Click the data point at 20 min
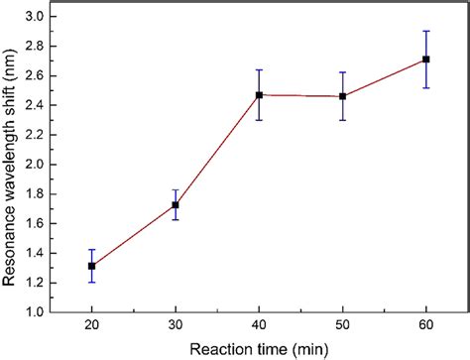(92, 266)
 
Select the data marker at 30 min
(176, 205)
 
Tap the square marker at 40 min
(259, 95)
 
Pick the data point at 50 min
(342, 96)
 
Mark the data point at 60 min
(426, 60)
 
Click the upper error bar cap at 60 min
(426, 31)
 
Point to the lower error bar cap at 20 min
(92, 283)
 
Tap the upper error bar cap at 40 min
(259, 69)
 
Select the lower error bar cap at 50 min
(342, 120)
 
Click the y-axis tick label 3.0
(36, 16)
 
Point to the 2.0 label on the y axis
(36, 164)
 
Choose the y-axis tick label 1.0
(36, 311)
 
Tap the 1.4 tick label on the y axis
(36, 253)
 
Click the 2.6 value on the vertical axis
(36, 75)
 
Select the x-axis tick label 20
(92, 325)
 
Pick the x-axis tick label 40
(259, 325)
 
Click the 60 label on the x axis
(426, 325)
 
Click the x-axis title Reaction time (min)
(259, 348)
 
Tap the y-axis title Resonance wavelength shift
(11, 164)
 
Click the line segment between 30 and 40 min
(217, 151)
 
